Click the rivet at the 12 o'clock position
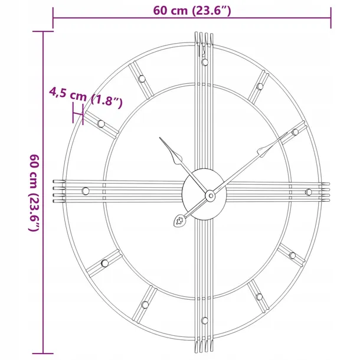204,61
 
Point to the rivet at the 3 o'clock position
307,192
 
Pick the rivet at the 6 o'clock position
204,320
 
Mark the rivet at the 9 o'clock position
86,190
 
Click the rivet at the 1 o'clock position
258,87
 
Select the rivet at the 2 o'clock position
294,132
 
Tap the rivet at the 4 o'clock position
292,255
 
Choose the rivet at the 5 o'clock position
259,296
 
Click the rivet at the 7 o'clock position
145,304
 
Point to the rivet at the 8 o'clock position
104,262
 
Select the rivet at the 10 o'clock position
102,123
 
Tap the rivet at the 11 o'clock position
142,79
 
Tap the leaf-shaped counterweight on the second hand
178,222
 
